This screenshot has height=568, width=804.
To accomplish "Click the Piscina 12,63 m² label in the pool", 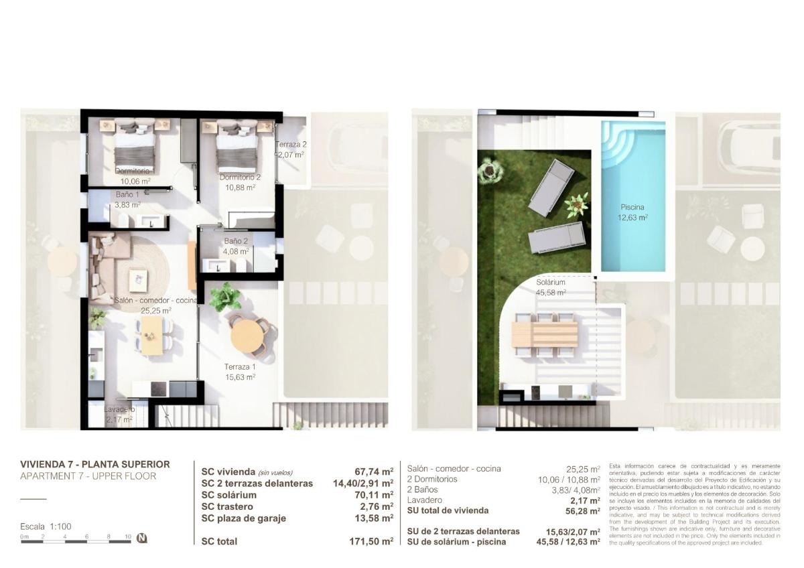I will [632, 212].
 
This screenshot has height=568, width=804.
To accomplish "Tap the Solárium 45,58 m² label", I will [551, 287].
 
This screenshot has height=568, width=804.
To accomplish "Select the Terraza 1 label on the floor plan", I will [240, 372].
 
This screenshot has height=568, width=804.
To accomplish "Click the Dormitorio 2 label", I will [240, 182].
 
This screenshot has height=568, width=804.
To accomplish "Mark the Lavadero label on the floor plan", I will [119, 414].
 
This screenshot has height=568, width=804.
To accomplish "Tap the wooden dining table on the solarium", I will [544, 334].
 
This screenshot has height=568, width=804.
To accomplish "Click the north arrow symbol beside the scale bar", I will [142, 537].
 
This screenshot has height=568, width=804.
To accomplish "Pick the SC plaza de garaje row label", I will [244, 518].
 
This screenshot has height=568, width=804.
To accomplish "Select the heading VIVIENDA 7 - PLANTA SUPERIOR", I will [95, 464].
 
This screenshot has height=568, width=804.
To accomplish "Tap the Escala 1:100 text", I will [46, 526].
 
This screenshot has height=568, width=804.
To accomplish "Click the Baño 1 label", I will [127, 200].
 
